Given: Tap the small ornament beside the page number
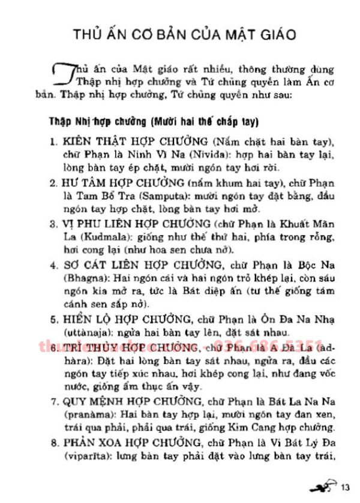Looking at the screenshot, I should point(326,484).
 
